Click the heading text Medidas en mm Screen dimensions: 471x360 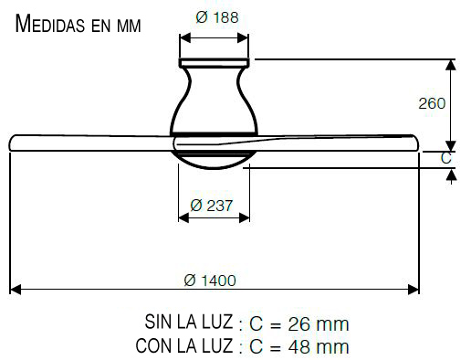(78, 24)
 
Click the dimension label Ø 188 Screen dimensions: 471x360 (217, 17)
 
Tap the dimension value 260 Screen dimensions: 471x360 (432, 103)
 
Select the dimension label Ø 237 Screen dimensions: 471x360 (212, 206)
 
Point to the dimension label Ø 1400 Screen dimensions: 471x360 (210, 281)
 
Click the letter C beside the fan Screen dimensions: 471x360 (445, 158)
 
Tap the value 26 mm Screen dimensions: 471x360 (319, 324)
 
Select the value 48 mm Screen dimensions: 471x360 (319, 347)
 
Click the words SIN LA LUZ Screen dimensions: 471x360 (189, 322)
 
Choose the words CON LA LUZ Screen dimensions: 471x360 (184, 345)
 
